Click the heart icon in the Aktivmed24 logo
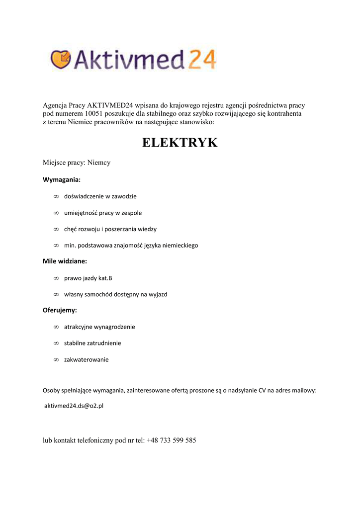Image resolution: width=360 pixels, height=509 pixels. coord(60,60)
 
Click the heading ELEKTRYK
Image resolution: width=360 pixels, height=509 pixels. coord(180,143)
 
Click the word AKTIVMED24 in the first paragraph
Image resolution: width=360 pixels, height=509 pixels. coord(110,105)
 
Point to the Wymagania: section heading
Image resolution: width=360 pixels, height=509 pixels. coord(62,179)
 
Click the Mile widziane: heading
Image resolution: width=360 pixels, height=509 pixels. coord(65,260)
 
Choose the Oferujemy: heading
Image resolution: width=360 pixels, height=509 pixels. coord(60,310)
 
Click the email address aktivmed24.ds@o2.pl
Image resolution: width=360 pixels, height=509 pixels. coord(74,406)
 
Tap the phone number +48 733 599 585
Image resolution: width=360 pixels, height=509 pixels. coord(172,440)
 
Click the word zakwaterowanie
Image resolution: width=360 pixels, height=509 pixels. coord(86,359)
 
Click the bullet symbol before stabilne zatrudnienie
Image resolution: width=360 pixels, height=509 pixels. coord(56,343)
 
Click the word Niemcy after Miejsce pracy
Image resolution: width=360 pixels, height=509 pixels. coord(99,163)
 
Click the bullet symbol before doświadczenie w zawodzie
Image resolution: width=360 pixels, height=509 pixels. coord(56,196)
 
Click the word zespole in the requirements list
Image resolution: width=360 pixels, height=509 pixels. coord(131,213)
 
